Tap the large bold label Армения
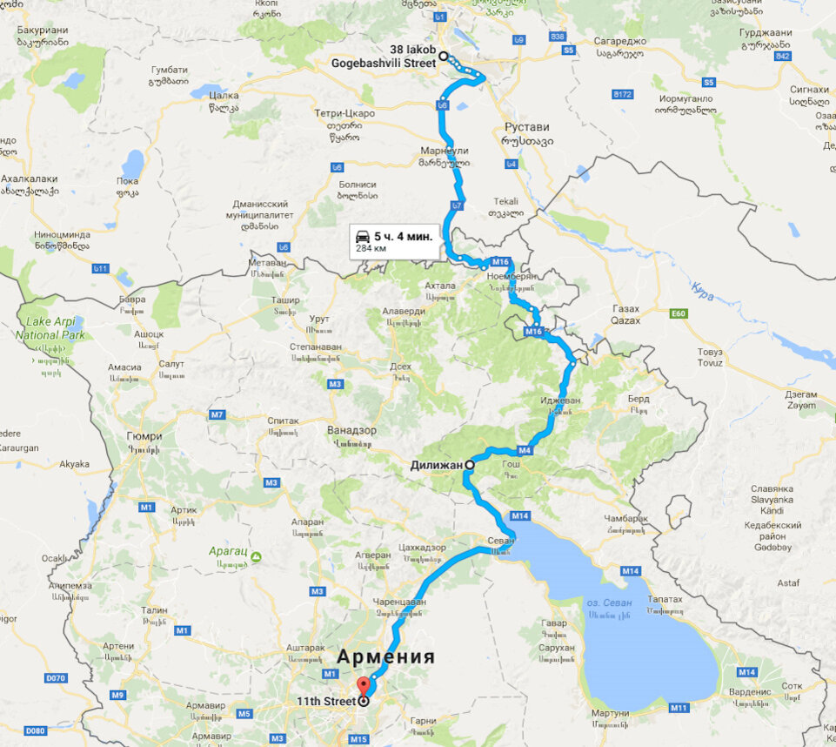(x=385, y=656)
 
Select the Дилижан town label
(x=436, y=465)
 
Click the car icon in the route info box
(x=362, y=235)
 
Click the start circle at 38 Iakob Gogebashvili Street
(x=443, y=56)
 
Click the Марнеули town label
(x=445, y=150)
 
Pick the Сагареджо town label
(x=619, y=40)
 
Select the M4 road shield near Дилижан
(x=525, y=450)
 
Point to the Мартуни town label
(x=610, y=713)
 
